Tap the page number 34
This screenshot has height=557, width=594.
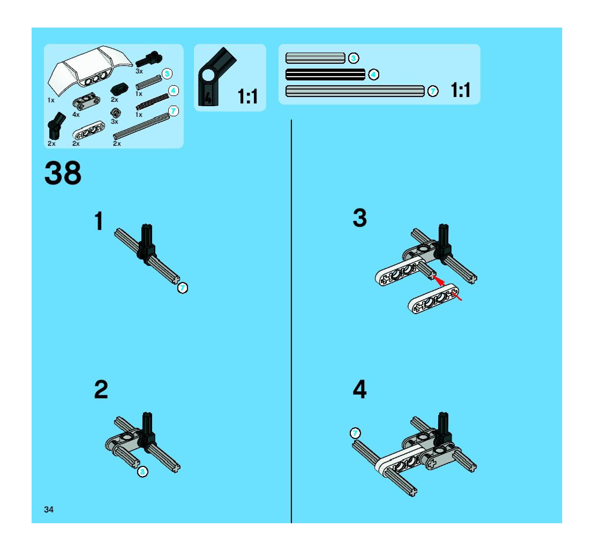coord(48,510)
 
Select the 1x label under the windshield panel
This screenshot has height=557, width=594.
coord(51,100)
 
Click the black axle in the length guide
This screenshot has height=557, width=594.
coord(325,75)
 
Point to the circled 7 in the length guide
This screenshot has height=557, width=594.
coord(433,91)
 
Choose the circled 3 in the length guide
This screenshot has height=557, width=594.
coord(354,58)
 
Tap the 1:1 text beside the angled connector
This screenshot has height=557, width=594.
coord(247,96)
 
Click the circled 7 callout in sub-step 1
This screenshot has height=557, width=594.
coord(183,288)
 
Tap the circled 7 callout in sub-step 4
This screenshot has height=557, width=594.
coord(355,433)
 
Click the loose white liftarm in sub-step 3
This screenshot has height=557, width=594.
coord(433,299)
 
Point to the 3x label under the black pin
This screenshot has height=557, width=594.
coord(139,71)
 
